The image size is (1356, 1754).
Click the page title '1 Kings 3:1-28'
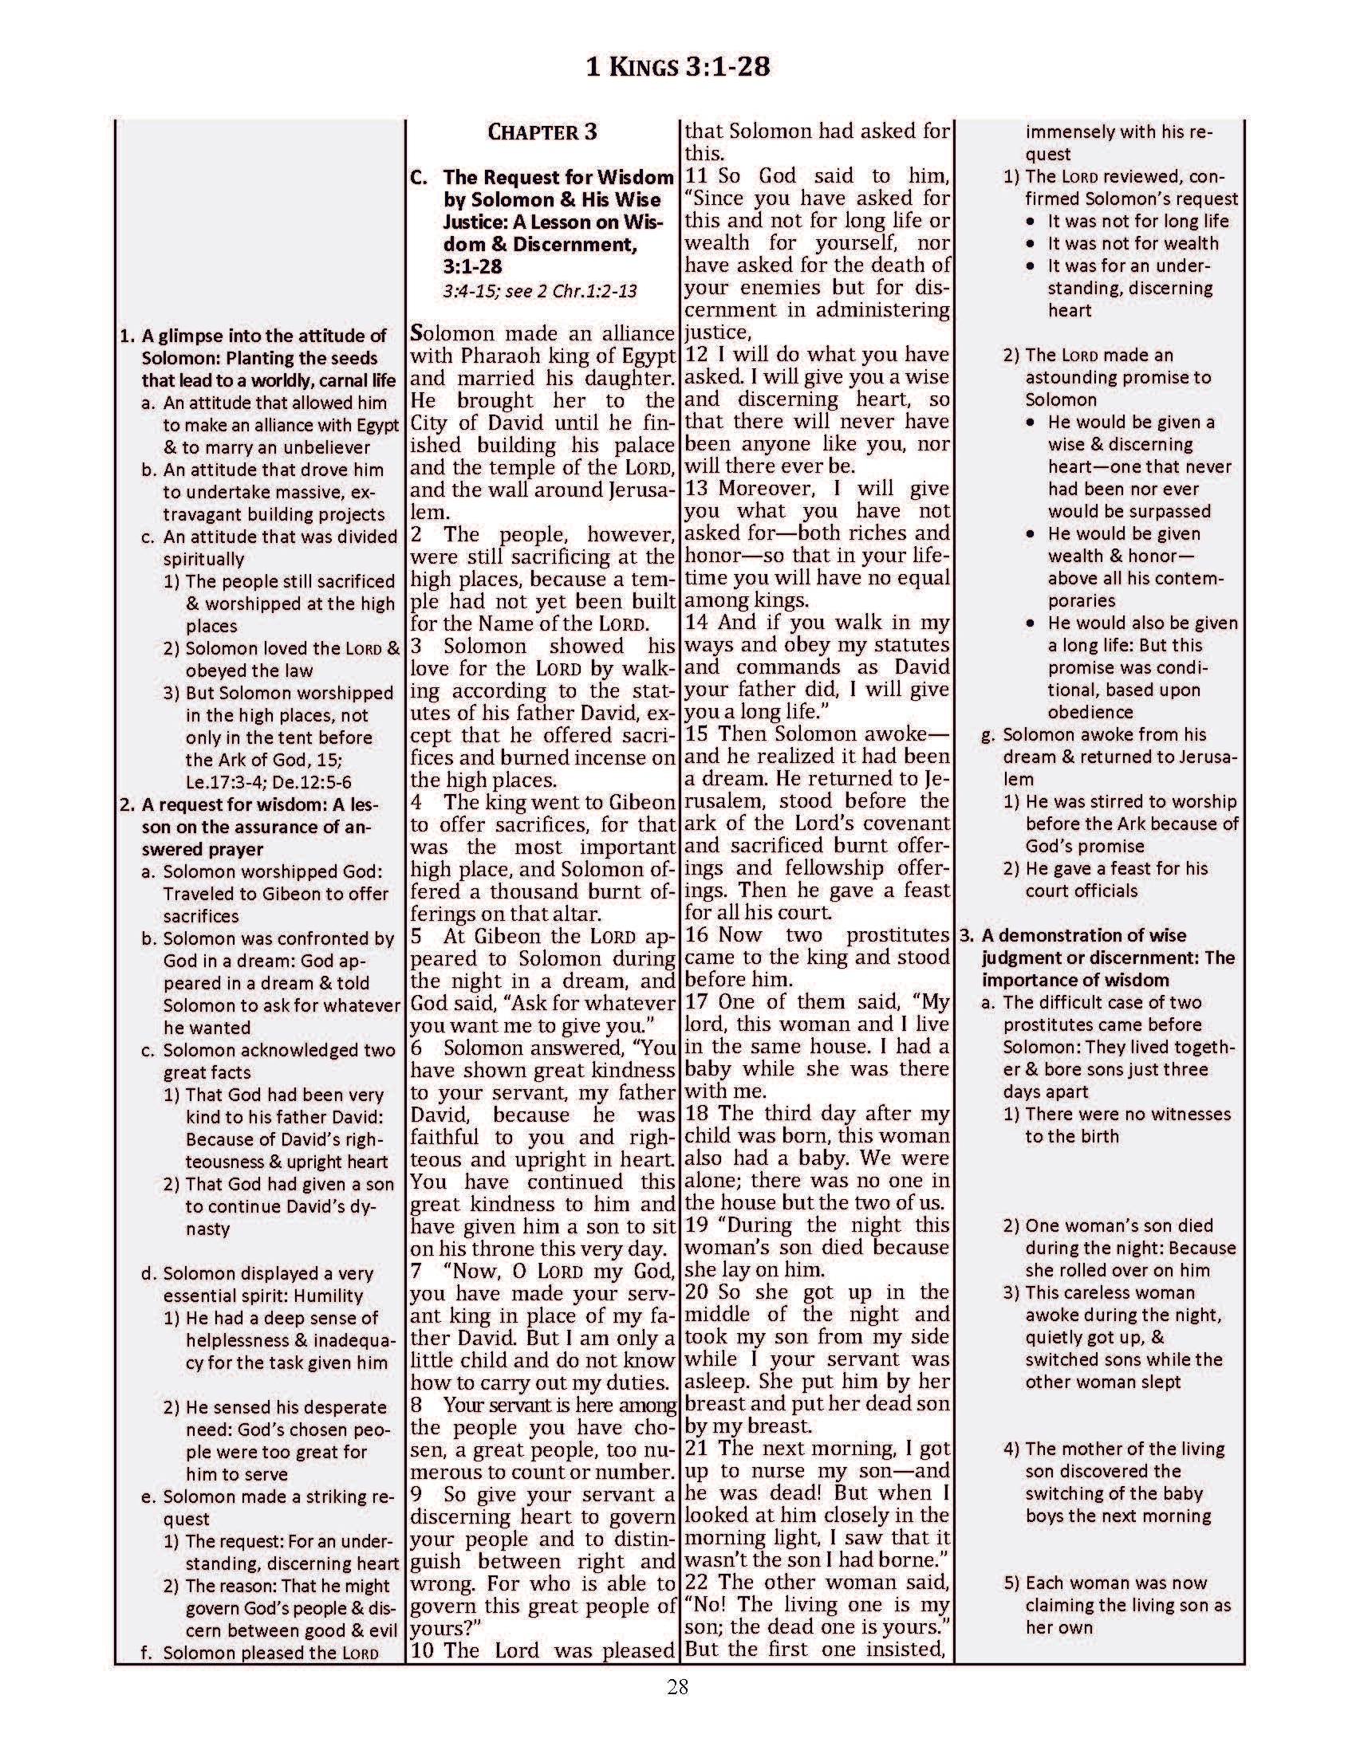677,67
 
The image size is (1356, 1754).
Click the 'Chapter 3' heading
542,132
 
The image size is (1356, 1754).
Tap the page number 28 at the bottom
677,1686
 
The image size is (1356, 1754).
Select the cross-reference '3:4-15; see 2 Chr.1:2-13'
539,290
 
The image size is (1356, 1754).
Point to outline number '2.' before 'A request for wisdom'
127,804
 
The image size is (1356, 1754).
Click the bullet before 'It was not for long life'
1031,222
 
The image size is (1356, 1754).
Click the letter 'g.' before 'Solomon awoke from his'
989,735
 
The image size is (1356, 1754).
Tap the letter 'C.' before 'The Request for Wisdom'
419,178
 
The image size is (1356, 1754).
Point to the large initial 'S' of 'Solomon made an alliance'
418,333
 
